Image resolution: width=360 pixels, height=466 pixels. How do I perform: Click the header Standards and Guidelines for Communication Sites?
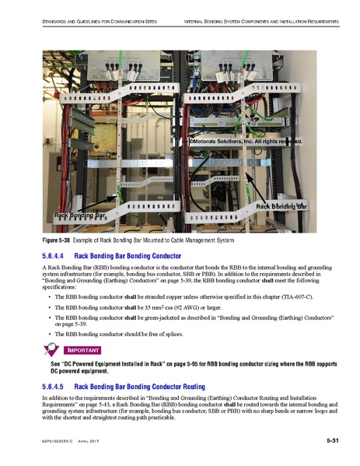coord(88,18)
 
